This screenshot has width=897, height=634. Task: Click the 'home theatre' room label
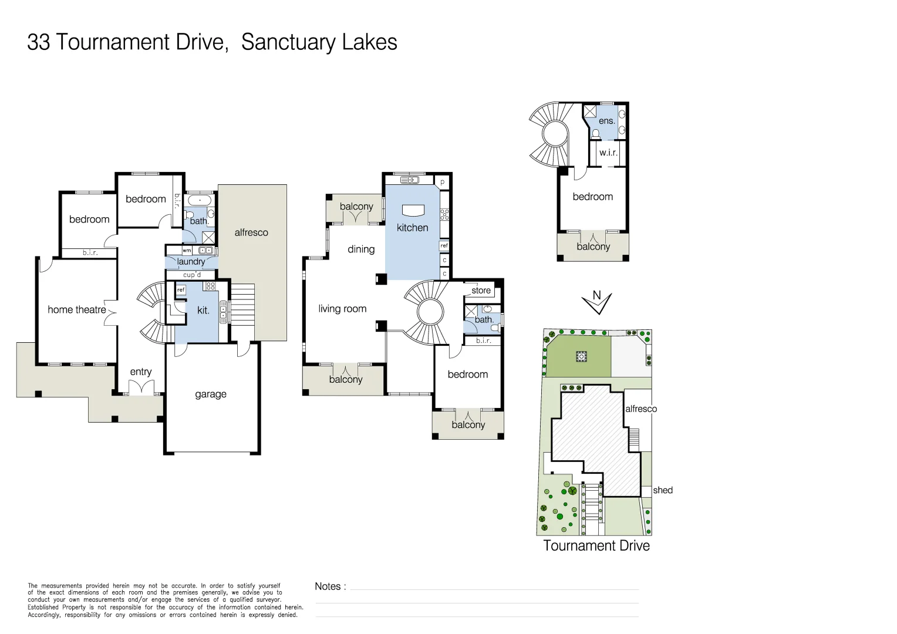point(77,310)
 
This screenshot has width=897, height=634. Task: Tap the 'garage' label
point(211,394)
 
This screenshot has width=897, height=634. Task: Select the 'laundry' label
point(191,262)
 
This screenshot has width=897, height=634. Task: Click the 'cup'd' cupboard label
point(192,275)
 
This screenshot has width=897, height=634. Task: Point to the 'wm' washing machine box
point(187,251)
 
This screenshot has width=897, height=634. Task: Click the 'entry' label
point(141,372)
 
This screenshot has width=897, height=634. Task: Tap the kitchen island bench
point(413,210)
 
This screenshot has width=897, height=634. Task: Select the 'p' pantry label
point(443,183)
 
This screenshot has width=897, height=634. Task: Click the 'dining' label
point(361,249)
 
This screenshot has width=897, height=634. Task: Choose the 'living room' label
point(342,309)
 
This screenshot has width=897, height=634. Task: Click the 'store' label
point(481,291)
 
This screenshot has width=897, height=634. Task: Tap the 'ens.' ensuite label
point(606,121)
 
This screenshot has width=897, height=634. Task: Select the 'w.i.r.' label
point(608,153)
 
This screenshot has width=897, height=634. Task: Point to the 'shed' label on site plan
point(663,490)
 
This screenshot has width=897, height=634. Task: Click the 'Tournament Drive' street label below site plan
point(596,546)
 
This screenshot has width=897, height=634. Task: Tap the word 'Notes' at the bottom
point(328,586)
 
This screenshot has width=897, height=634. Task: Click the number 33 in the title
point(39,42)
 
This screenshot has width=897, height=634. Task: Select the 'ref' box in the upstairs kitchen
point(444,245)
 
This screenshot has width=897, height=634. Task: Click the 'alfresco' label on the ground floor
point(251,232)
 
